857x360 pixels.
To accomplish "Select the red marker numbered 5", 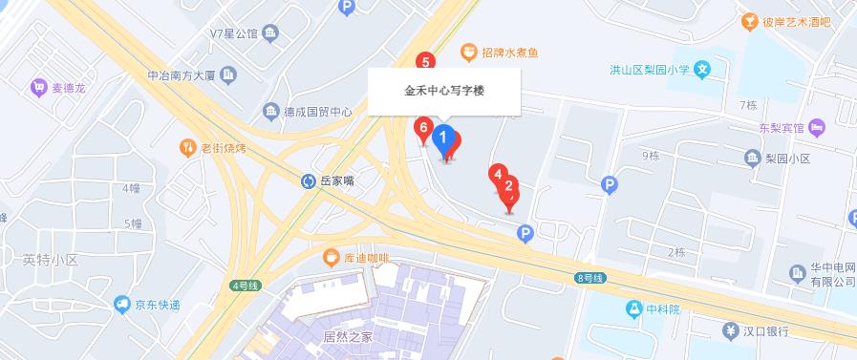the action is [427, 63].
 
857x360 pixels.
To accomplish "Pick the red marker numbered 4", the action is [497, 174].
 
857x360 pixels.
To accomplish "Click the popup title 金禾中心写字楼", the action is [445, 93].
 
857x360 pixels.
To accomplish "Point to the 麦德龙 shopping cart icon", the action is [39, 87].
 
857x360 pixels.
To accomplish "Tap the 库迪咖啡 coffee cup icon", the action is [331, 257].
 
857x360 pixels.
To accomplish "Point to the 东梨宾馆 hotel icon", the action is [816, 126].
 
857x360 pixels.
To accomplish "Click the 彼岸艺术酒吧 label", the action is [798, 21].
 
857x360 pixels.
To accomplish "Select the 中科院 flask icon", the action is [632, 308].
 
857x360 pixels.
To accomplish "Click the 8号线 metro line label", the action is [590, 277].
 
